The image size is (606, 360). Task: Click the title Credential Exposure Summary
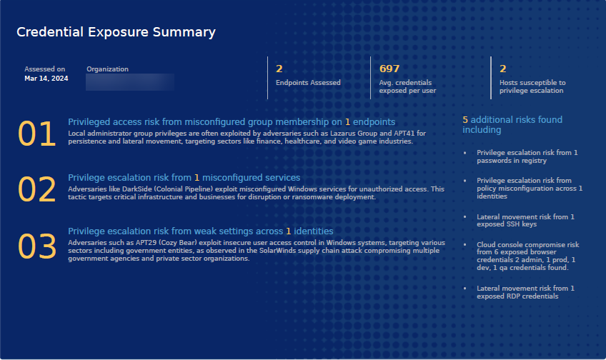coord(116,32)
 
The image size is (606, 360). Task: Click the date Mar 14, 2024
coord(46,79)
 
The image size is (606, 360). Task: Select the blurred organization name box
coord(130,81)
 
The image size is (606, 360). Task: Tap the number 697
coord(389,69)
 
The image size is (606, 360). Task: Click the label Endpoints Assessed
coord(308,83)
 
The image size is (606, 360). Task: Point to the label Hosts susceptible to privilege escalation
coord(532,86)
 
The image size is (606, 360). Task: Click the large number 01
coord(37,134)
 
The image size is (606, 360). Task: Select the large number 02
coord(37,190)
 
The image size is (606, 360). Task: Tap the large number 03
coord(37,246)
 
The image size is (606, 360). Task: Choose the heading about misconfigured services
coord(184,177)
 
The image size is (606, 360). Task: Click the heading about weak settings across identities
coord(200,231)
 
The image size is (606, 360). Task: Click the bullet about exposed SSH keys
coord(525,220)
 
